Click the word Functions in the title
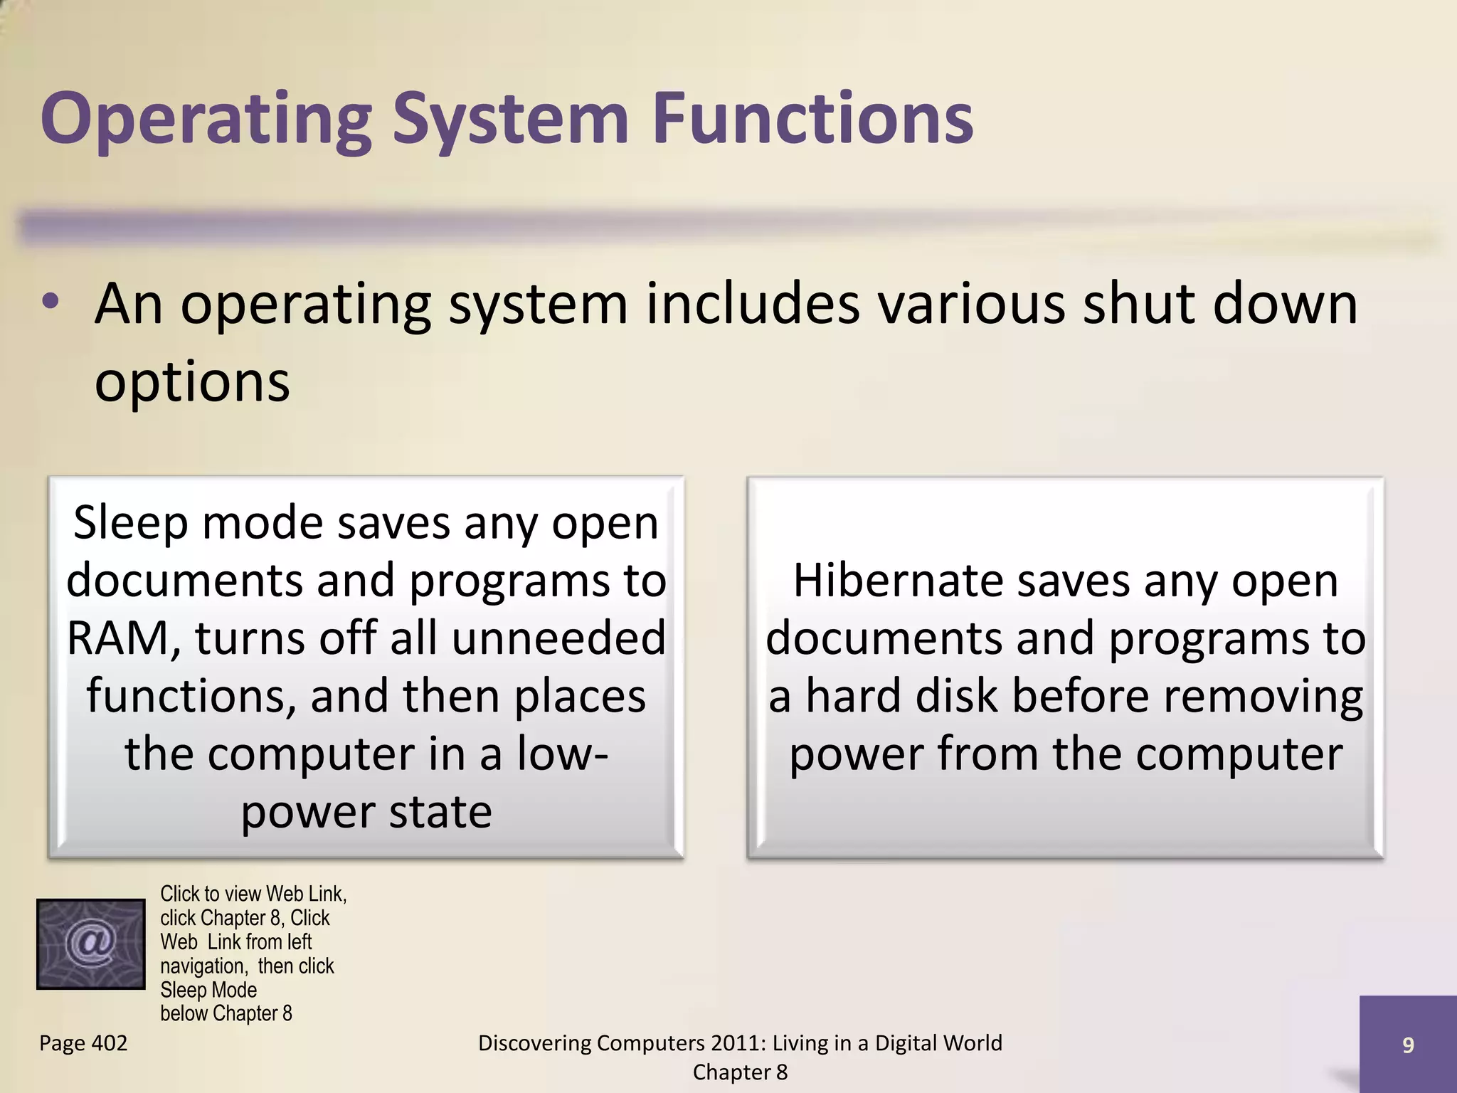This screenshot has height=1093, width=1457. [812, 118]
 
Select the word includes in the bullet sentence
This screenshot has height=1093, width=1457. [752, 304]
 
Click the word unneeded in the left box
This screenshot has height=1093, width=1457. [558, 638]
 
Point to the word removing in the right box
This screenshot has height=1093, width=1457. [1263, 696]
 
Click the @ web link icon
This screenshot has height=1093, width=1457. [91, 944]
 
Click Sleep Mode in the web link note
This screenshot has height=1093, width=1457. [208, 990]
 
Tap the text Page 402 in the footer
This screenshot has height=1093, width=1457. [83, 1043]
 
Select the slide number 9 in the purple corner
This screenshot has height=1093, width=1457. [1407, 1045]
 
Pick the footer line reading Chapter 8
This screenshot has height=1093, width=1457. [740, 1072]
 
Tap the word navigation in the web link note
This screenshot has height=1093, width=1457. [203, 966]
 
